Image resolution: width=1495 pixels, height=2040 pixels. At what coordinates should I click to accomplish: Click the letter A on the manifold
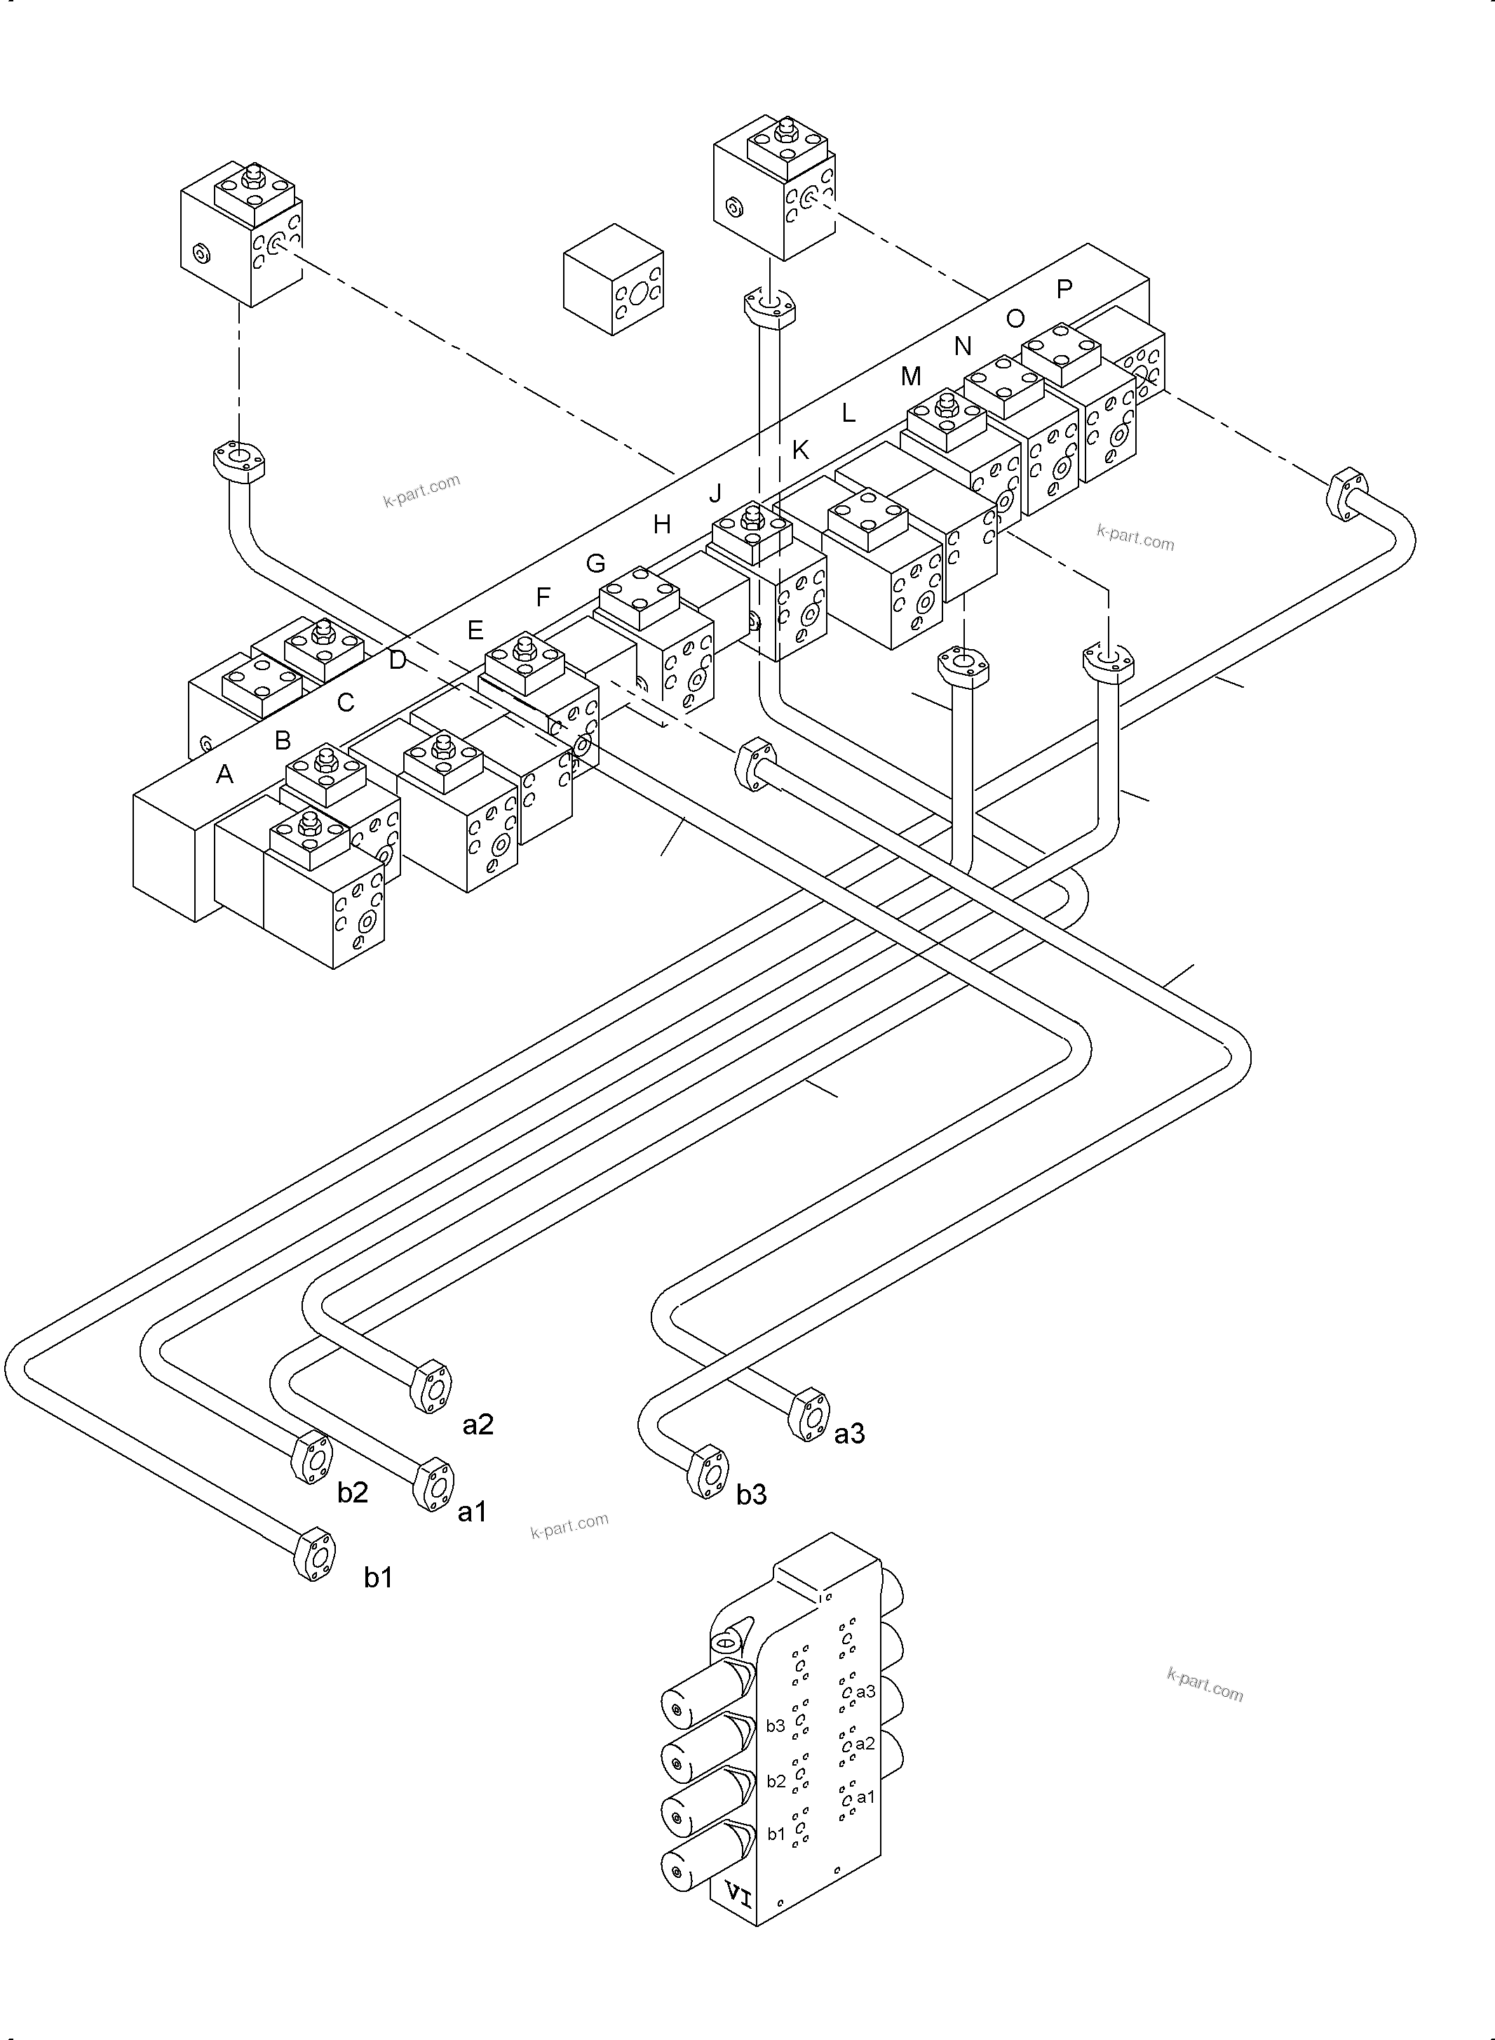tap(224, 774)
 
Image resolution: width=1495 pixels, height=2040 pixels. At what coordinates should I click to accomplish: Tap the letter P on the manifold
tap(1064, 289)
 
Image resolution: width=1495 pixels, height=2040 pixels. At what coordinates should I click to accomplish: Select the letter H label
tap(661, 524)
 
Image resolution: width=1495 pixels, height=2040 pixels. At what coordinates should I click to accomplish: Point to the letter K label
tap(800, 450)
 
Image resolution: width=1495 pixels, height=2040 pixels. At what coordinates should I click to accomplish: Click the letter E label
tap(475, 630)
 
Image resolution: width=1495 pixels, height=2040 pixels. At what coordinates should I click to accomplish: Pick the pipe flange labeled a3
tap(810, 1414)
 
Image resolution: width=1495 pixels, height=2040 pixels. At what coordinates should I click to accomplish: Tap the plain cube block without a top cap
tap(614, 280)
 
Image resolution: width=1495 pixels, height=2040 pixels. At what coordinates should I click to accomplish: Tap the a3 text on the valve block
tap(865, 1691)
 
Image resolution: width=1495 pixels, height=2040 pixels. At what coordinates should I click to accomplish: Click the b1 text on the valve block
tap(776, 1834)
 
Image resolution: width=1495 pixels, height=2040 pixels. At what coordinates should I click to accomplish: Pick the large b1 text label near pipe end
tap(378, 1578)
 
